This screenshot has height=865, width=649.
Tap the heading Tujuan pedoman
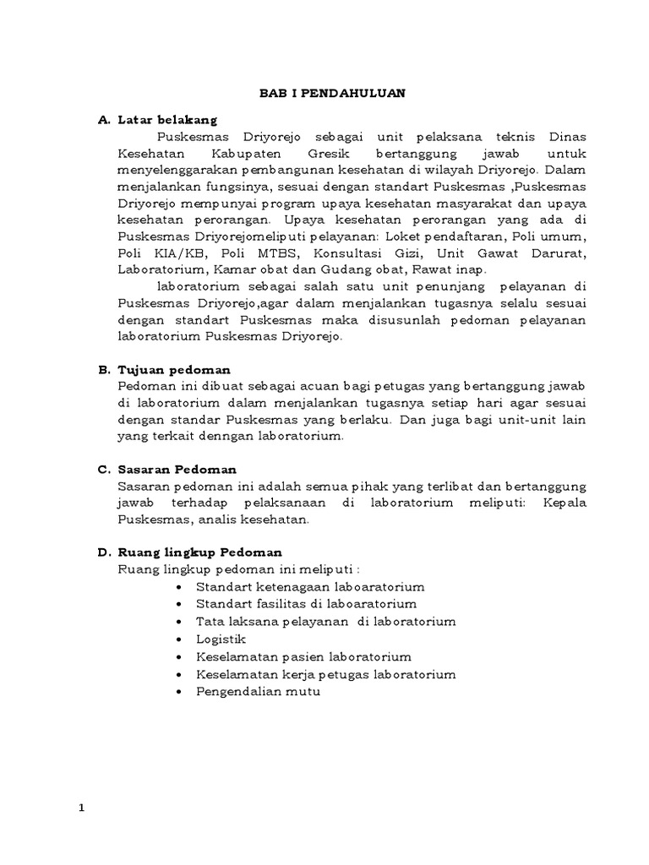[x=174, y=370]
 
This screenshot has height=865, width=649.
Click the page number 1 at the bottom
[x=82, y=808]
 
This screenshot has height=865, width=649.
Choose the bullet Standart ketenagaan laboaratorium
[x=309, y=586]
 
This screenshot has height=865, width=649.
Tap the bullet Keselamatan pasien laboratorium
[x=303, y=656]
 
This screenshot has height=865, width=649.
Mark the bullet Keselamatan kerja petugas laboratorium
[x=325, y=673]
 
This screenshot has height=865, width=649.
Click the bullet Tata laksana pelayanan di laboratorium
[x=325, y=621]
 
